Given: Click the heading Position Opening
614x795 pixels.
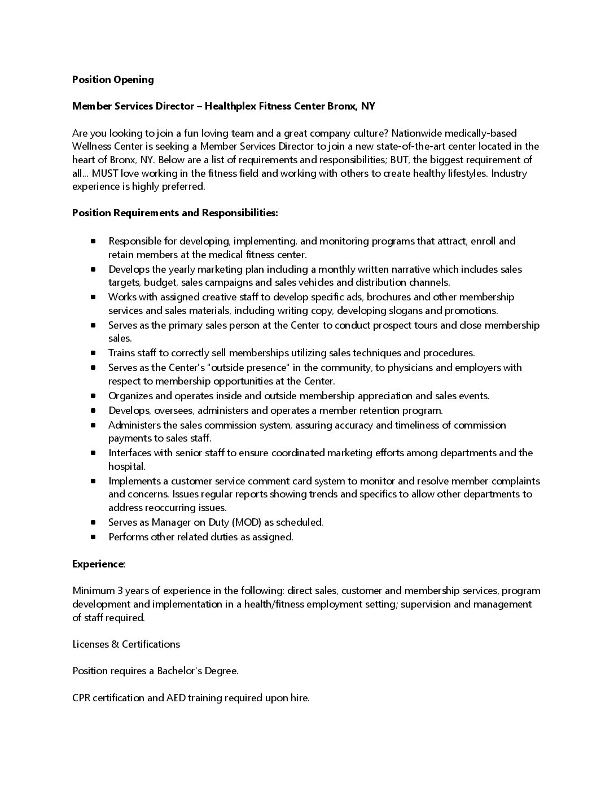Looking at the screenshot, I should click(113, 80).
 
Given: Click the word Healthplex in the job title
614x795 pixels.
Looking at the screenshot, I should click(230, 106).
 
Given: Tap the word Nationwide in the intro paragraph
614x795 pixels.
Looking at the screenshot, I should click(417, 133).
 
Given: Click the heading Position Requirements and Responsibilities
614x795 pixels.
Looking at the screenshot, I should click(175, 213).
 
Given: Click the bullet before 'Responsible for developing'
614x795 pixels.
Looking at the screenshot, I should click(93, 242).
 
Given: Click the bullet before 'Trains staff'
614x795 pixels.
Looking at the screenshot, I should click(93, 353).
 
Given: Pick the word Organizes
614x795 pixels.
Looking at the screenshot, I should click(130, 396).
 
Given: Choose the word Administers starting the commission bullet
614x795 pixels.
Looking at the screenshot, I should click(134, 425).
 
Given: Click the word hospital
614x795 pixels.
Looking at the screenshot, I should click(127, 466).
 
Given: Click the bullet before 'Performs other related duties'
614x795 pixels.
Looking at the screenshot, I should click(93, 538).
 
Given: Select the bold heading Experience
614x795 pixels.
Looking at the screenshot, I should click(98, 564).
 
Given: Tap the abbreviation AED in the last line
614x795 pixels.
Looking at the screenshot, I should click(176, 698).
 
